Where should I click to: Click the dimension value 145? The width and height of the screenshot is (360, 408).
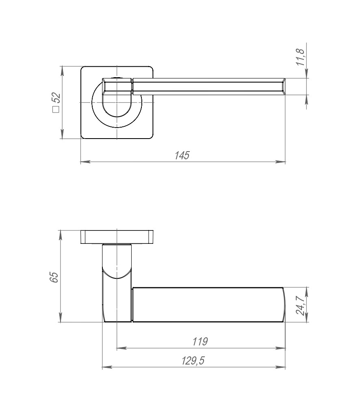(182, 155)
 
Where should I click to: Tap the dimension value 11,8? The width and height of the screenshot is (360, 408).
(300, 57)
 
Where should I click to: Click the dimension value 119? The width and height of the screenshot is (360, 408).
(200, 341)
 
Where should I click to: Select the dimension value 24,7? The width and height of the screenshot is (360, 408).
(300, 306)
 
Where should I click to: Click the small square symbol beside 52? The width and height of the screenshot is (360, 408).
(56, 109)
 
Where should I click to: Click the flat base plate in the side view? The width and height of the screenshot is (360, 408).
(117, 237)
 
